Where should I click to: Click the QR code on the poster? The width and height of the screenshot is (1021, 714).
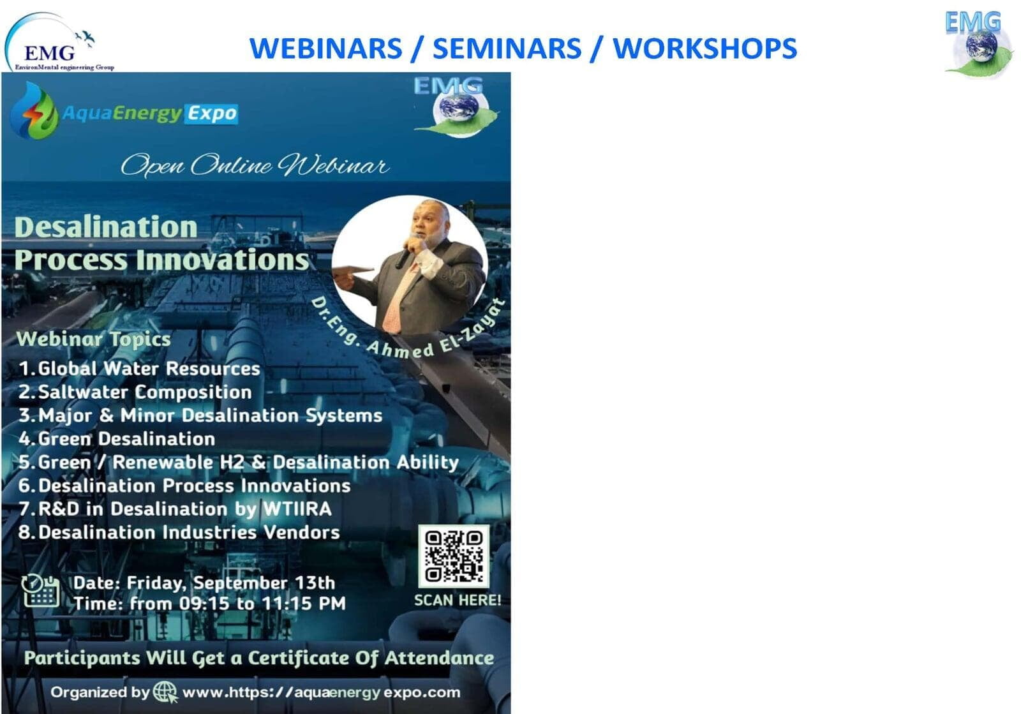pyautogui.click(x=454, y=556)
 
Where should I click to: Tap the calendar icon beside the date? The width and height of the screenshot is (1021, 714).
pyautogui.click(x=41, y=591)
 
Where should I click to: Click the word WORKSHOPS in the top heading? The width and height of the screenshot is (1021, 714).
pyautogui.click(x=704, y=48)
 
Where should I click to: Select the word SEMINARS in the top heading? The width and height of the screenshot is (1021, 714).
pyautogui.click(x=507, y=48)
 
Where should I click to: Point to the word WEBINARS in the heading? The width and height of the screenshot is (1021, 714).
pyautogui.click(x=326, y=48)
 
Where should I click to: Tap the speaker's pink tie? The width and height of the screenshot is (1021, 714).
pyautogui.click(x=397, y=301)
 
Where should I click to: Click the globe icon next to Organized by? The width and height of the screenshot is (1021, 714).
pyautogui.click(x=165, y=692)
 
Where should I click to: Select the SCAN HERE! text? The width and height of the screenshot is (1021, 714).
pyautogui.click(x=458, y=600)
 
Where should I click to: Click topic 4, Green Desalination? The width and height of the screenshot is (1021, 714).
pyautogui.click(x=117, y=439)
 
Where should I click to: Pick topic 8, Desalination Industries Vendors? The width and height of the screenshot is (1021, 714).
pyautogui.click(x=179, y=532)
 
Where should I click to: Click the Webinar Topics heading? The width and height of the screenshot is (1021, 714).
pyautogui.click(x=93, y=339)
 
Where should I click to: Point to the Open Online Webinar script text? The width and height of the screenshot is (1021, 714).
pyautogui.click(x=255, y=165)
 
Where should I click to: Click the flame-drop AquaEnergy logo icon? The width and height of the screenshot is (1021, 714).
pyautogui.click(x=34, y=111)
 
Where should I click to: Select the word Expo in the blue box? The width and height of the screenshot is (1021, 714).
pyautogui.click(x=212, y=114)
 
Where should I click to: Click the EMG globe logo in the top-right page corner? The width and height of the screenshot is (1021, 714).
pyautogui.click(x=979, y=43)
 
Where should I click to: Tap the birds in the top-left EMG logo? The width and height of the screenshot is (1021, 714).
pyautogui.click(x=86, y=38)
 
